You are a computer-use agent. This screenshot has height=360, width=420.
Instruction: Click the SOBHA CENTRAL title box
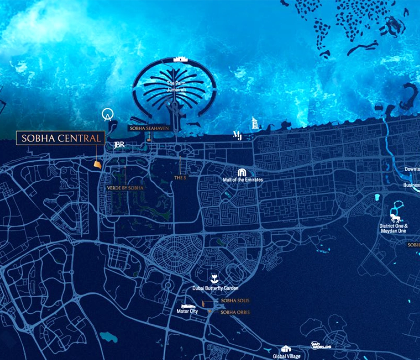(x=60, y=138)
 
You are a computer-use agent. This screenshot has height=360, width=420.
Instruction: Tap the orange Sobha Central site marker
(x=97, y=165)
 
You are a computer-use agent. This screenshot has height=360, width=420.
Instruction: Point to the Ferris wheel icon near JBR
(x=108, y=115)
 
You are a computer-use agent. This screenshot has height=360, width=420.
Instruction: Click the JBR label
(x=120, y=145)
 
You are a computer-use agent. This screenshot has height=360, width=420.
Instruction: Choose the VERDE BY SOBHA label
(x=126, y=188)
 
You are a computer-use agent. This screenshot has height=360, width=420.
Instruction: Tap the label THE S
(x=180, y=178)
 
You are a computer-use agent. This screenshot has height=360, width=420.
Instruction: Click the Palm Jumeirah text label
(x=176, y=86)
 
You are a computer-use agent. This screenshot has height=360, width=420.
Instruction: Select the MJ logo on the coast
(x=237, y=135)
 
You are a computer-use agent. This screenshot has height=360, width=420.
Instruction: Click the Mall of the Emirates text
(x=243, y=180)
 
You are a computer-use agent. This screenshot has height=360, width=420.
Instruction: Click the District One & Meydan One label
(x=394, y=228)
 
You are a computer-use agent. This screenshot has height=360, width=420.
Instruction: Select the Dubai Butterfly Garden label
(x=215, y=288)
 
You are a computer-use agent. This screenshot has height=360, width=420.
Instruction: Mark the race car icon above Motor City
(x=188, y=306)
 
